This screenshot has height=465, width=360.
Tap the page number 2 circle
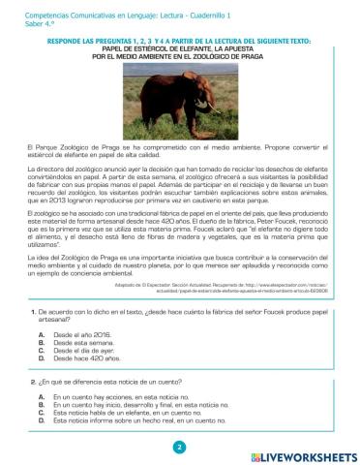179,448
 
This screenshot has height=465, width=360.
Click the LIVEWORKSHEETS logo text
309,452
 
